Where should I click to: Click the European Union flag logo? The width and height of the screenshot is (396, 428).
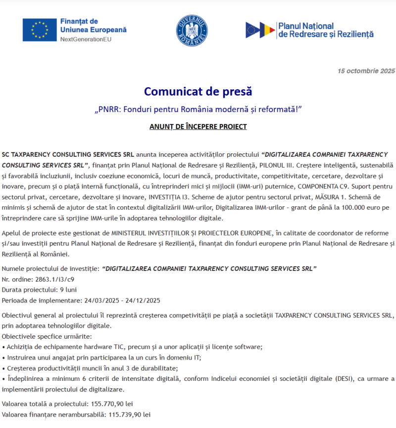click(x=39, y=29)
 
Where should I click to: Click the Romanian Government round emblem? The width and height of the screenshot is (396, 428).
click(x=192, y=30)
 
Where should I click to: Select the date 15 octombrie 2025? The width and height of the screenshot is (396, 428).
click(x=366, y=71)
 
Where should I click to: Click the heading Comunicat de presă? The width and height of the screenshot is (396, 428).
click(x=198, y=91)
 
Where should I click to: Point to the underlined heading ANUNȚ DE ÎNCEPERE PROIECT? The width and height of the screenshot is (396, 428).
click(x=198, y=126)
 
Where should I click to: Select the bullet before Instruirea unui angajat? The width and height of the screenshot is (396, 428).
click(x=4, y=358)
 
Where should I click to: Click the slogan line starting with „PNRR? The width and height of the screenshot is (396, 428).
click(x=198, y=109)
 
